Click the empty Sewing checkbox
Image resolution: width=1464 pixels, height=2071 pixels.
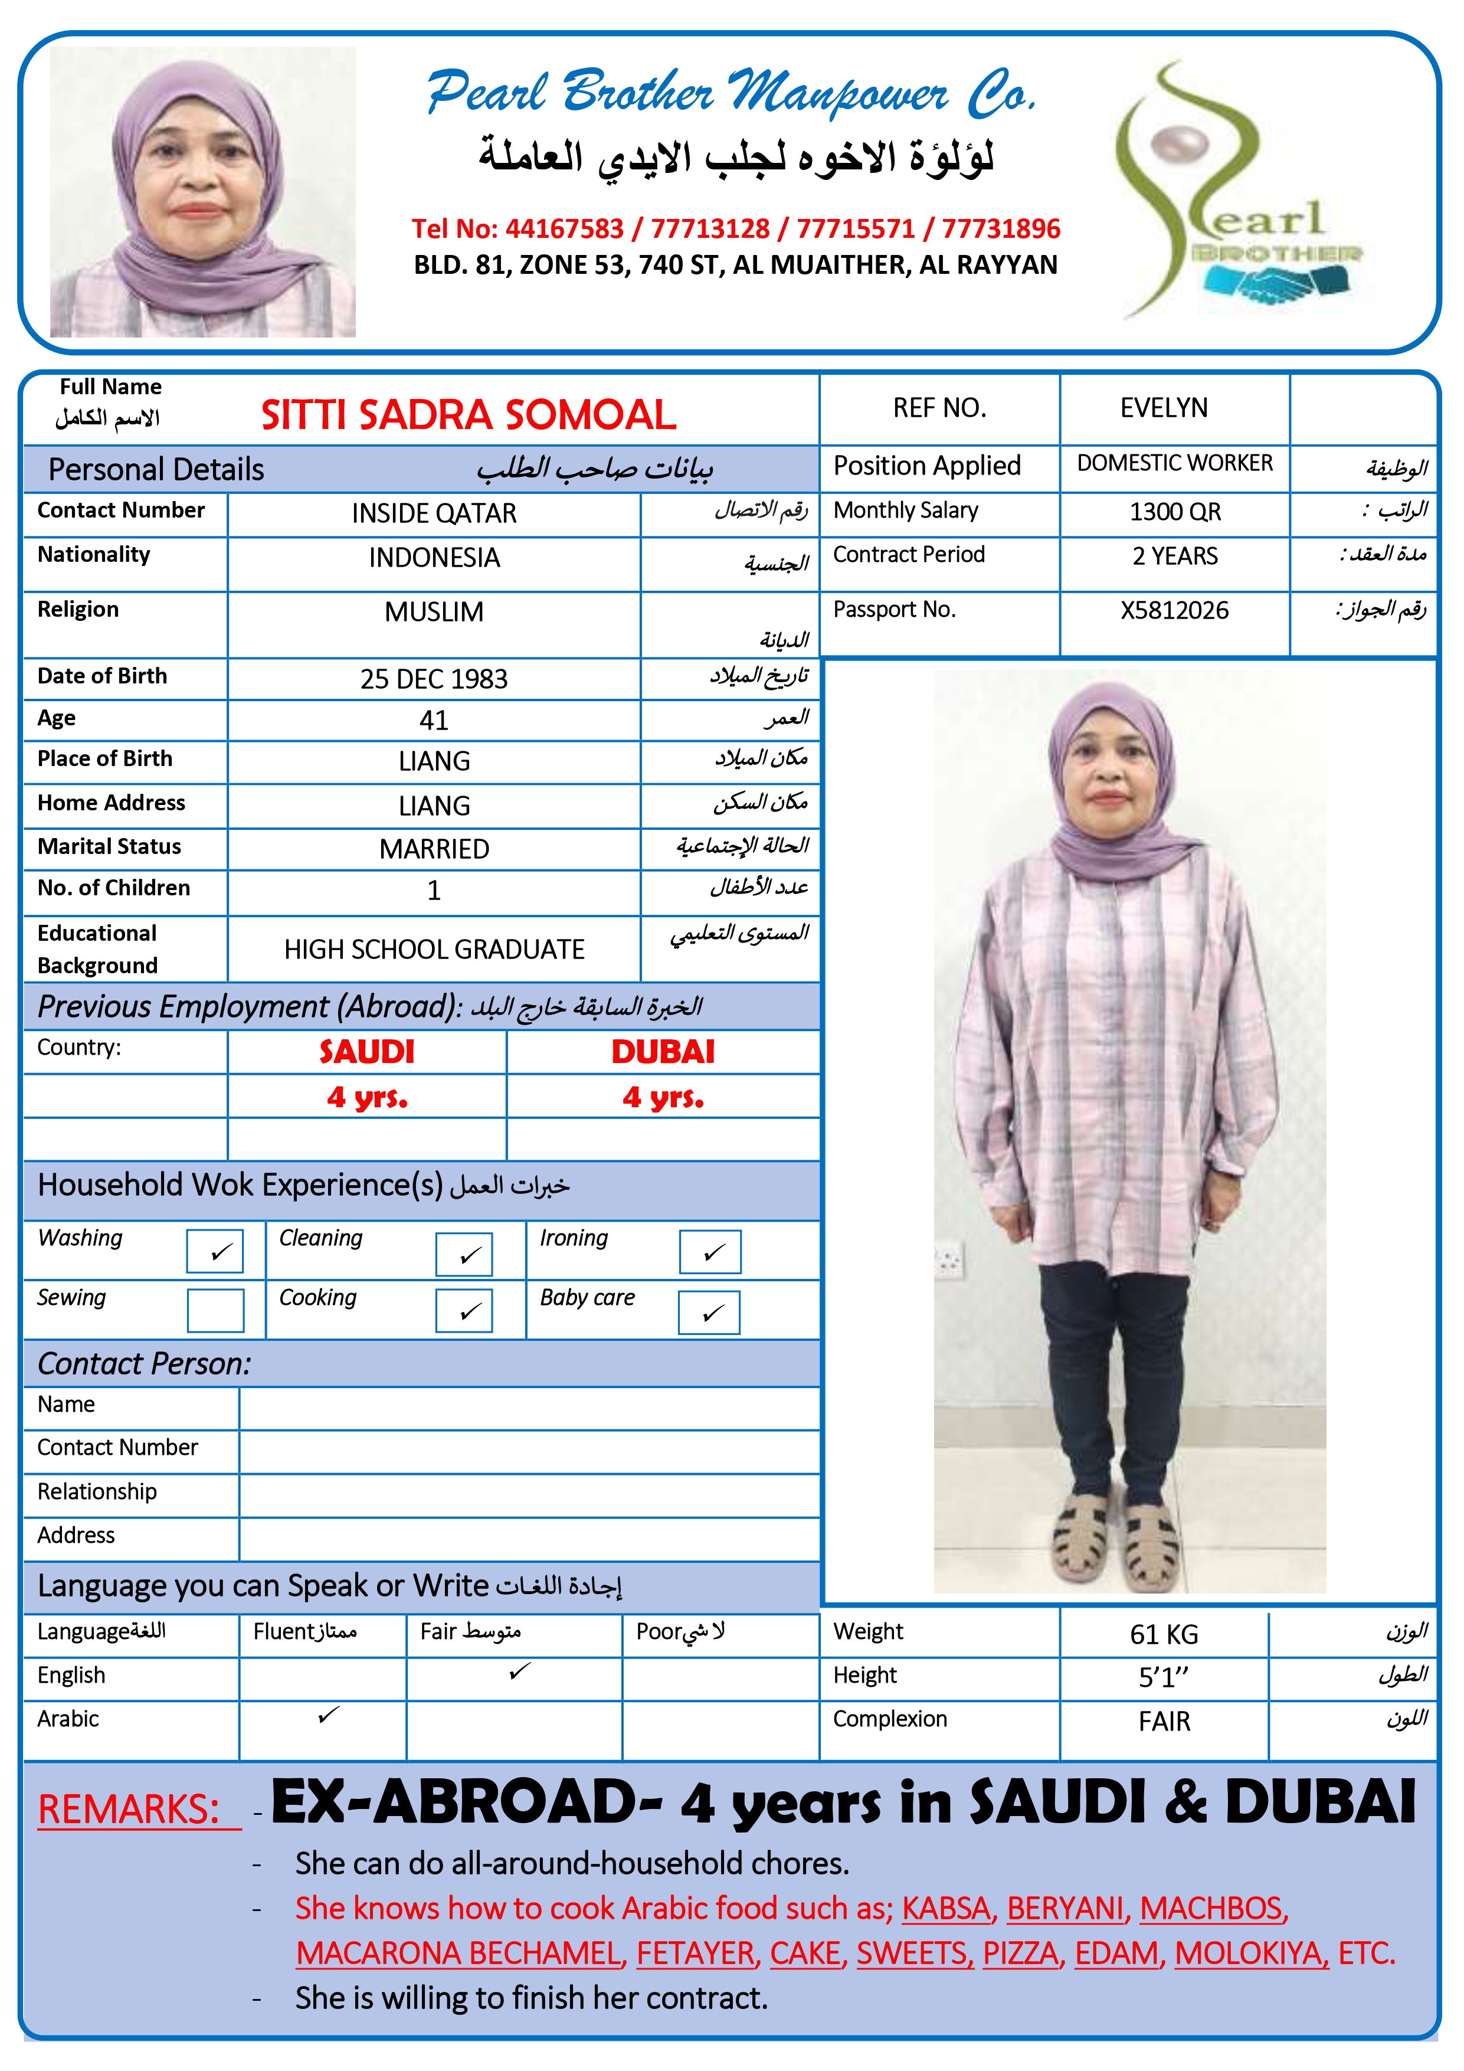point(215,1310)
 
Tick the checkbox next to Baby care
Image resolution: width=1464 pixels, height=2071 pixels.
point(709,1313)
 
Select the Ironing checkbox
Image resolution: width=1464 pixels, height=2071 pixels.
point(710,1252)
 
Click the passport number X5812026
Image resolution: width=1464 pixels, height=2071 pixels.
point(1174,611)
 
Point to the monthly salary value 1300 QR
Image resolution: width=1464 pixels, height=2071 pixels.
point(1174,512)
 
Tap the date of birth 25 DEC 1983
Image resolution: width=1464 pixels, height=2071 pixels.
point(434,678)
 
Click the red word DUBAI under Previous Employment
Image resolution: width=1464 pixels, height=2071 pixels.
point(663,1052)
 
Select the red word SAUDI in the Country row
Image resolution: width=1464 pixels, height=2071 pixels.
point(366,1052)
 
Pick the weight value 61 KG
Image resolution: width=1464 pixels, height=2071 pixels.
point(1164,1634)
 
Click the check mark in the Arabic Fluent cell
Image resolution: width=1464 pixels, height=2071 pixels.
point(328,1714)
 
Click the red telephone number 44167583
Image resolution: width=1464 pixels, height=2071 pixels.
point(564,228)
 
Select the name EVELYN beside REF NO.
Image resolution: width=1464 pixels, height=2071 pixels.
point(1164,408)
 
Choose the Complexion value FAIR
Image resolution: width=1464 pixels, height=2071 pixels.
point(1164,1721)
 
